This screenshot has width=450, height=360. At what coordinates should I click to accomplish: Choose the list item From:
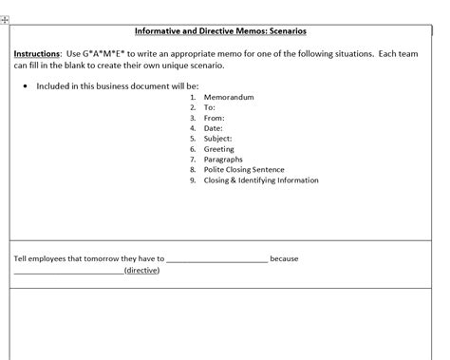pyautogui.click(x=215, y=118)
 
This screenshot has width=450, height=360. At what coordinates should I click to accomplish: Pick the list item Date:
pyautogui.click(x=214, y=128)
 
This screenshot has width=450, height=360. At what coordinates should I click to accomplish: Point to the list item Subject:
pyautogui.click(x=219, y=139)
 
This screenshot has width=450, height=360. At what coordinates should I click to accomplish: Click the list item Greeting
pyautogui.click(x=219, y=149)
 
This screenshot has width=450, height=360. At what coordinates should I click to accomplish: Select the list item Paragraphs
pyautogui.click(x=224, y=160)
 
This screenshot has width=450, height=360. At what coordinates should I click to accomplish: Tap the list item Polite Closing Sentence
pyautogui.click(x=243, y=170)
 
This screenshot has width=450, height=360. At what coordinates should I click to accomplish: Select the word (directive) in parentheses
pyautogui.click(x=141, y=271)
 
